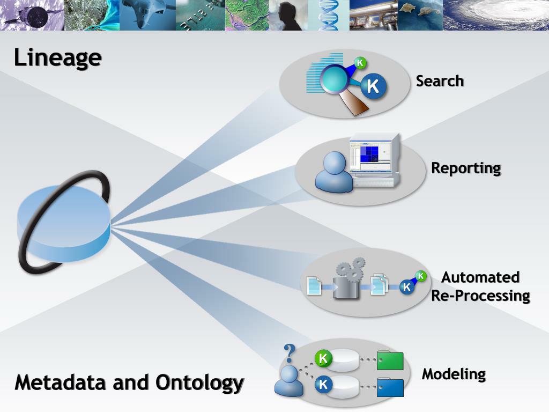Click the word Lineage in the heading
click(x=57, y=58)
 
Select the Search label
click(x=440, y=81)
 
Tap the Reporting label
click(x=466, y=168)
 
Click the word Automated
click(x=480, y=277)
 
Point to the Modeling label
click(x=454, y=374)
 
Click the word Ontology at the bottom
click(x=200, y=383)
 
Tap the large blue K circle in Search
click(x=373, y=86)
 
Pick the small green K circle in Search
click(x=360, y=63)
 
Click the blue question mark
click(x=290, y=354)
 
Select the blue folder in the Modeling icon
click(x=390, y=387)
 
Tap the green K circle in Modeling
click(x=323, y=358)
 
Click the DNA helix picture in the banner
click(x=328, y=15)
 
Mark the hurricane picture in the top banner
click(x=496, y=15)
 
